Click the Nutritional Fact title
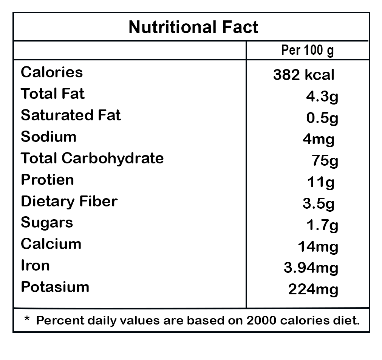click(193, 27)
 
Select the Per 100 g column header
click(308, 50)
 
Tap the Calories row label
click(52, 72)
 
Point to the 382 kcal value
click(304, 75)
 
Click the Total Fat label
click(53, 94)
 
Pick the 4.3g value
click(322, 97)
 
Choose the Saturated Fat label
click(71, 115)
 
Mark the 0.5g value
click(322, 118)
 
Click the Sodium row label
click(48, 137)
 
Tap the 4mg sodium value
click(319, 140)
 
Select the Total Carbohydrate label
click(92, 158)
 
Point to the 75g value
click(325, 161)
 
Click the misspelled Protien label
click(47, 180)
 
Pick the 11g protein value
click(321, 183)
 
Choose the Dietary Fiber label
click(69, 201)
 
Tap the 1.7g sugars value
click(322, 226)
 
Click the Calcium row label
click(51, 244)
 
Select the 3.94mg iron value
click(311, 268)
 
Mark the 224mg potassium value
click(313, 290)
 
